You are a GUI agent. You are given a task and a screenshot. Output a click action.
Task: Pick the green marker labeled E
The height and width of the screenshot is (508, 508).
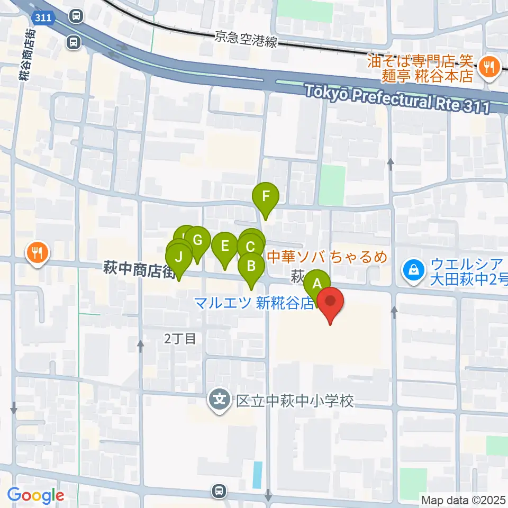coord(225,246)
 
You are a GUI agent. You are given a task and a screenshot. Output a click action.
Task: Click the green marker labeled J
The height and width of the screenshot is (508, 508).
coord(179,258)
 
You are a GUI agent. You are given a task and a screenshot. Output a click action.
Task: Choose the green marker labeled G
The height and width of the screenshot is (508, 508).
coord(197,240)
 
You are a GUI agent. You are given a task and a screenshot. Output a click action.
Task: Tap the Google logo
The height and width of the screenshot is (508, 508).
coord(35,496)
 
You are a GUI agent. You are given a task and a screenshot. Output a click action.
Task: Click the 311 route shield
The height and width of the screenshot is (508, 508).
coord(44,18)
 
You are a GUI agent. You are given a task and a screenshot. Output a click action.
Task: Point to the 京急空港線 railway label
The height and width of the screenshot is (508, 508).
coord(246,39)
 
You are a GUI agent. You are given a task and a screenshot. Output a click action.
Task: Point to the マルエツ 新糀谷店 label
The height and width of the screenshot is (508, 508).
coord(254,304)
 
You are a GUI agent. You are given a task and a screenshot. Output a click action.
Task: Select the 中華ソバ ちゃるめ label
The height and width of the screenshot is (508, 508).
coord(326,257)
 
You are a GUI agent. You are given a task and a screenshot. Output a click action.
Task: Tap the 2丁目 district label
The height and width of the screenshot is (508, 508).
coord(180,340)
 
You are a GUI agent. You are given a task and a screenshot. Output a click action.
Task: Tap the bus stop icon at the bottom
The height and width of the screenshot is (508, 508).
coord(218,492)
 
